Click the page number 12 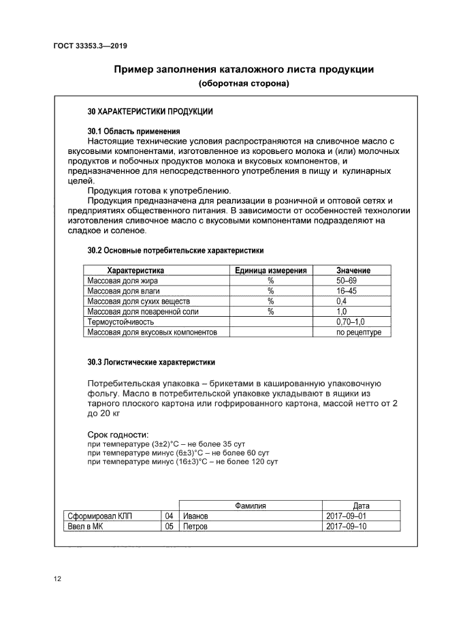tap(58, 579)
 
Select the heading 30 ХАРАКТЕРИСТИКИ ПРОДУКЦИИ tap(150, 110)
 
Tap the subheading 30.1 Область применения tap(133, 131)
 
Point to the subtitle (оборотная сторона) tap(244, 84)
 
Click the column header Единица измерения tap(270, 270)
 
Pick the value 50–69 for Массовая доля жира tap(347, 281)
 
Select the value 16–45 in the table tap(347, 291)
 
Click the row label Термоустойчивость tap(120, 322)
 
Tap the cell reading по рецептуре tap(359, 332)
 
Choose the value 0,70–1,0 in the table tap(351, 322)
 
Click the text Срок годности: tap(118, 435)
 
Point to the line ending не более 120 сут tap(183, 462)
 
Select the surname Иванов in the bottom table tap(195, 516)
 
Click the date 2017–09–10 tap(347, 527)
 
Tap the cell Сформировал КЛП tap(99, 516)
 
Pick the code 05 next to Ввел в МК tap(170, 527)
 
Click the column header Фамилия tap(250, 506)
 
